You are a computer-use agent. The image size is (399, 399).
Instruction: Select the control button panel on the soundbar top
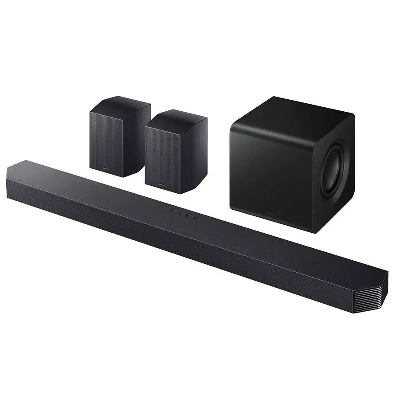(x=183, y=215)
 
